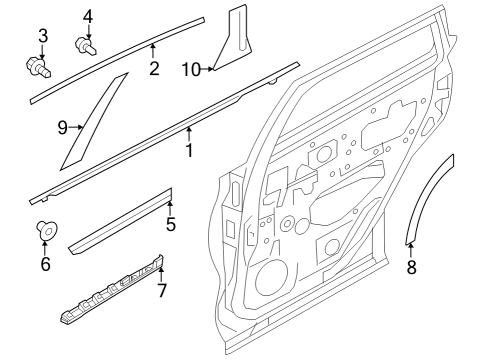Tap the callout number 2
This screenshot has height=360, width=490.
[153, 68]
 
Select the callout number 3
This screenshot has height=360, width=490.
[42, 37]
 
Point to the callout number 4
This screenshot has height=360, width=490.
[87, 16]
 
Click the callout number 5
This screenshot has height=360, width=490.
[170, 224]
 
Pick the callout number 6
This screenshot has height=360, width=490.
[45, 264]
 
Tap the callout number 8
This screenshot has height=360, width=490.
[411, 266]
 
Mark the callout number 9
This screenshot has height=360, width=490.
[60, 127]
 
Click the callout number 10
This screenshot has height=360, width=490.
[191, 68]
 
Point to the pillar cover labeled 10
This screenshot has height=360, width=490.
[235, 40]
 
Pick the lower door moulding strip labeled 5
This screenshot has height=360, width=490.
[120, 220]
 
